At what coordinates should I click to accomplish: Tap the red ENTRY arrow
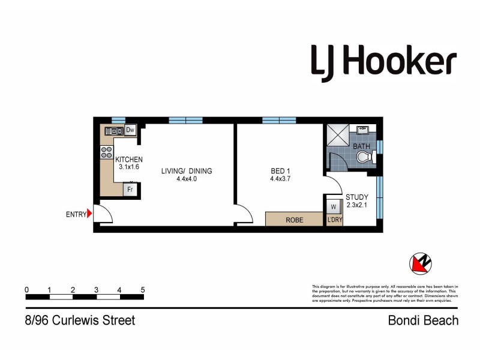point(89,213)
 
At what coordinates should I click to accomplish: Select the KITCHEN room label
point(129,159)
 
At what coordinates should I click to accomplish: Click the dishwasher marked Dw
point(130,130)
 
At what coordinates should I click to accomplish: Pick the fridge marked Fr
point(129,191)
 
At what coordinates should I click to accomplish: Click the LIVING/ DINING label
point(187,171)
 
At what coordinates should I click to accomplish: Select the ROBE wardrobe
point(295,220)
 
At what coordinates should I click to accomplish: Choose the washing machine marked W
point(332,207)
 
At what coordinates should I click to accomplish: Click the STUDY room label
point(357,197)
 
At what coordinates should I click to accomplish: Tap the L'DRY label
point(334,221)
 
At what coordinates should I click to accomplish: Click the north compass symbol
point(421,263)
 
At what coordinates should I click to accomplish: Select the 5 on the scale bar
point(143,290)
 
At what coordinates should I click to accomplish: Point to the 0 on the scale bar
point(27,290)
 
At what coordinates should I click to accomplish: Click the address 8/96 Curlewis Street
point(80,320)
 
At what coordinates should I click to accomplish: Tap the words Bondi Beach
point(422,320)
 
